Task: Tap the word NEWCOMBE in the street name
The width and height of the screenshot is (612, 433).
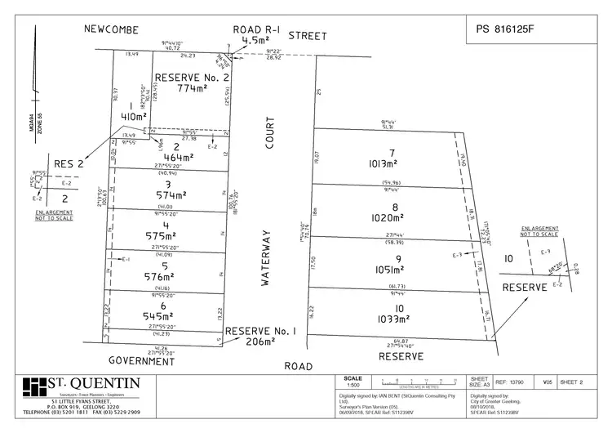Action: tap(113, 29)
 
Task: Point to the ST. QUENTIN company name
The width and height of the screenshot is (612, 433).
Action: tap(94, 384)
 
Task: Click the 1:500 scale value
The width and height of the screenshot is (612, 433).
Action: tap(353, 385)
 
